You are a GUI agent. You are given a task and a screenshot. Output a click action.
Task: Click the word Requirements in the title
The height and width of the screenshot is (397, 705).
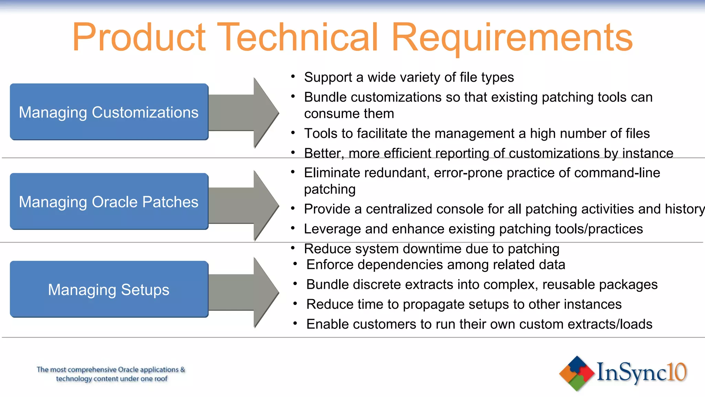[x=512, y=37]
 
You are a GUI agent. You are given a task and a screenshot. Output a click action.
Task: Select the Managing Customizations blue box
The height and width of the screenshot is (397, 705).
[x=109, y=112]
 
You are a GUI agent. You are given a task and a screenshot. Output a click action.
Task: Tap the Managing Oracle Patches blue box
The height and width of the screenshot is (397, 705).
[x=109, y=202]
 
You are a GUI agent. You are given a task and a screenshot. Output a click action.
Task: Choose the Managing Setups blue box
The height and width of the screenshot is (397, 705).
[x=109, y=289]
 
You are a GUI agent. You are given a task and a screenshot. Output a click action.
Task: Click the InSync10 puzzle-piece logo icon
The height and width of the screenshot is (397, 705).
[x=577, y=373]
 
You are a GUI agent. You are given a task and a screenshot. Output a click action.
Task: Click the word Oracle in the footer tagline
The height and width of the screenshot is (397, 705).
[x=128, y=370]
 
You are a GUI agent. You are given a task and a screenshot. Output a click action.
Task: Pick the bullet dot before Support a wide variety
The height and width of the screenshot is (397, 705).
[x=293, y=77]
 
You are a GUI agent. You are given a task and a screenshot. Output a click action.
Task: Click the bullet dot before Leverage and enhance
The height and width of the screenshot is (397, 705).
[x=293, y=228]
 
